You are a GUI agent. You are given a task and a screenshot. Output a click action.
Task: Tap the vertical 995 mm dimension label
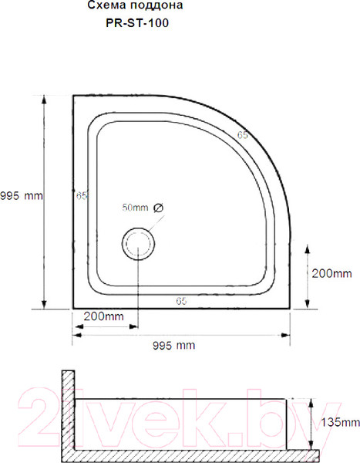(22, 195)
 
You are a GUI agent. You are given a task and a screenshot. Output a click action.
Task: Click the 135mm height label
(339, 422)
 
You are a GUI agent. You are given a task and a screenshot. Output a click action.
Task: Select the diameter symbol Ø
(158, 208)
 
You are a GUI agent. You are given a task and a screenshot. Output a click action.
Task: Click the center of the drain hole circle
(139, 245)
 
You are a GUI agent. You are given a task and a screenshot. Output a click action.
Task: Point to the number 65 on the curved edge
(242, 135)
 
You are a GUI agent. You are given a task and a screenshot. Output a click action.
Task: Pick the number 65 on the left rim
(82, 195)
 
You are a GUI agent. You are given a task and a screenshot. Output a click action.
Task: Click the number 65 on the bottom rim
(181, 299)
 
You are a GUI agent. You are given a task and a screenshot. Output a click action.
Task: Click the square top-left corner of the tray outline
(73, 96)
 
